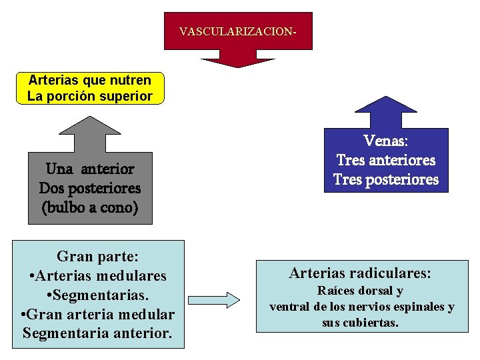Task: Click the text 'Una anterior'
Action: point(90,169)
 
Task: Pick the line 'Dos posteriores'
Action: point(90,188)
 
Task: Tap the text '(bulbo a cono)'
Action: point(90,207)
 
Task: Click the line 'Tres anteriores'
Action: point(386,161)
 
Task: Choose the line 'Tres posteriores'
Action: point(386,180)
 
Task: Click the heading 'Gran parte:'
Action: point(97,257)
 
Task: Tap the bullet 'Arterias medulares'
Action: point(98,275)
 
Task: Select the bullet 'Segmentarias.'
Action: point(98,294)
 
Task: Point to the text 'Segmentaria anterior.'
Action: point(97,332)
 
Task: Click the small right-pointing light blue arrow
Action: point(214,300)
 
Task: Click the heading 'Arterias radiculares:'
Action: point(360,273)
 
